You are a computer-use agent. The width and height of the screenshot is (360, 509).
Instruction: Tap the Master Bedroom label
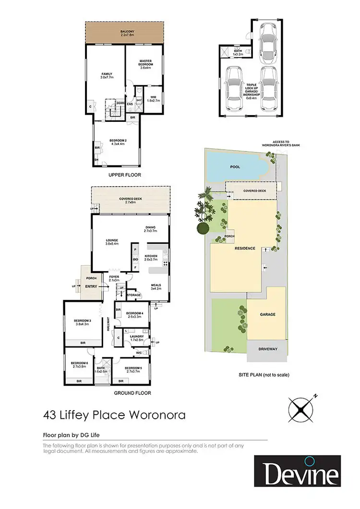(x=145, y=66)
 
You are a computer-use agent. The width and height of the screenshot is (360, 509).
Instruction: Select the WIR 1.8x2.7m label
(x=153, y=99)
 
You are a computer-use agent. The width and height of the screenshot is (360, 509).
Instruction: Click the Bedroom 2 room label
(x=118, y=142)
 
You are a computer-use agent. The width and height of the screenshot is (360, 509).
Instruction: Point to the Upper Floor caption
(x=124, y=175)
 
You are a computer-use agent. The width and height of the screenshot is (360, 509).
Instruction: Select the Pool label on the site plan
(x=235, y=166)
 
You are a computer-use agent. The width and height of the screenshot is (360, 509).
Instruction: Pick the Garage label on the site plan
(x=267, y=314)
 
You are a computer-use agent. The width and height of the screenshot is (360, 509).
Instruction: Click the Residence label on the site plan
(x=244, y=249)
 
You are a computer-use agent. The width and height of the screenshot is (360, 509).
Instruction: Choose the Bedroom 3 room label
(x=83, y=323)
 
